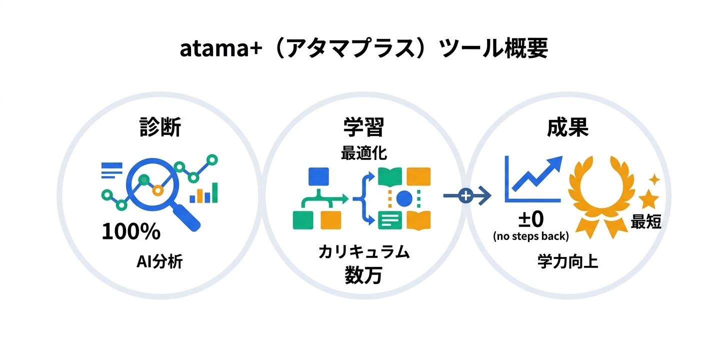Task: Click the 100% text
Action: coord(131,232)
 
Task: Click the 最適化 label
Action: coord(363,152)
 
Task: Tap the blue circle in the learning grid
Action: coord(404,199)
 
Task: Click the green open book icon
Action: coord(390,176)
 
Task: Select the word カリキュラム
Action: coord(363,252)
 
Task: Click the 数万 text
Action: coord(363,275)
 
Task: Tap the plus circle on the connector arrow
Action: coord(465,196)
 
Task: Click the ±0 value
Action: coord(530,219)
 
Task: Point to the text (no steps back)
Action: coord(530,236)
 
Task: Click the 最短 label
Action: coord(646,222)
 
